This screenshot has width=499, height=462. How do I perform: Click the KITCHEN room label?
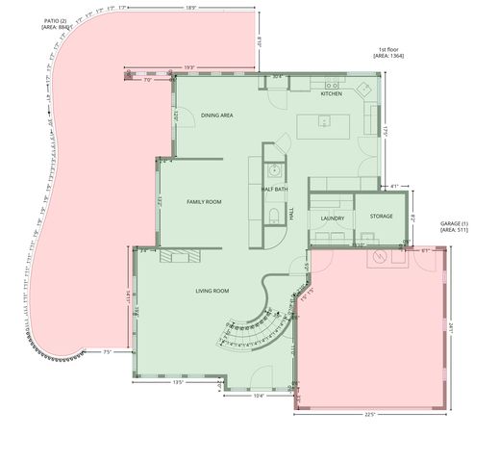click(x=331, y=93)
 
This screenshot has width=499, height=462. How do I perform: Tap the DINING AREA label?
click(x=217, y=115)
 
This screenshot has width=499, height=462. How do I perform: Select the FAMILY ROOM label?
click(x=204, y=201)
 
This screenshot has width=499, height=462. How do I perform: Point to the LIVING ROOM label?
click(x=212, y=290)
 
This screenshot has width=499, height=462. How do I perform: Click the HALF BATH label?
click(x=275, y=189)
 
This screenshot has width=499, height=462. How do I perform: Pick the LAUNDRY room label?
click(x=332, y=218)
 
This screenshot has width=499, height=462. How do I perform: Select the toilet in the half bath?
click(x=274, y=214)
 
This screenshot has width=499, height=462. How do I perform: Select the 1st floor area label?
click(x=387, y=54)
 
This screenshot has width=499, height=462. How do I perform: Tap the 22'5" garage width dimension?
click(x=369, y=415)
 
